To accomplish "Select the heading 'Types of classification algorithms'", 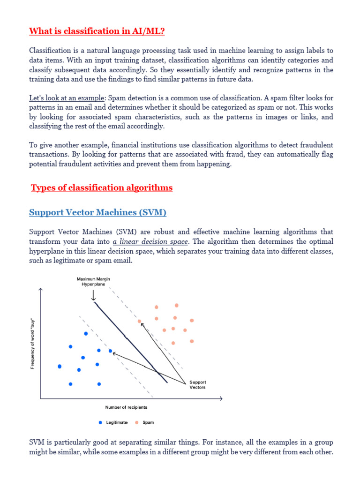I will coord(102,188).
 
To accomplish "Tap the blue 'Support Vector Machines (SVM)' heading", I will coord(97,213).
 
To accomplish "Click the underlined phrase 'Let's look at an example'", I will coord(67,99).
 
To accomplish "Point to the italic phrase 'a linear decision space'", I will coord(150,242).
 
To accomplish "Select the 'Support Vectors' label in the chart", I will coord(197,385).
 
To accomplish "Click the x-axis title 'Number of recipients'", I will coord(126,407).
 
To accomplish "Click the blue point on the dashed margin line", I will coord(111,351).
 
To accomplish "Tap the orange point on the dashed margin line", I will coord(139,321).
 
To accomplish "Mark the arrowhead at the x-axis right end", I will coord(220,398).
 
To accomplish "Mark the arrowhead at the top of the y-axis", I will coord(41,291).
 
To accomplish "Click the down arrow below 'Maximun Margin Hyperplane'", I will coord(93,296).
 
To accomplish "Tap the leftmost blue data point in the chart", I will coord(60,366).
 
